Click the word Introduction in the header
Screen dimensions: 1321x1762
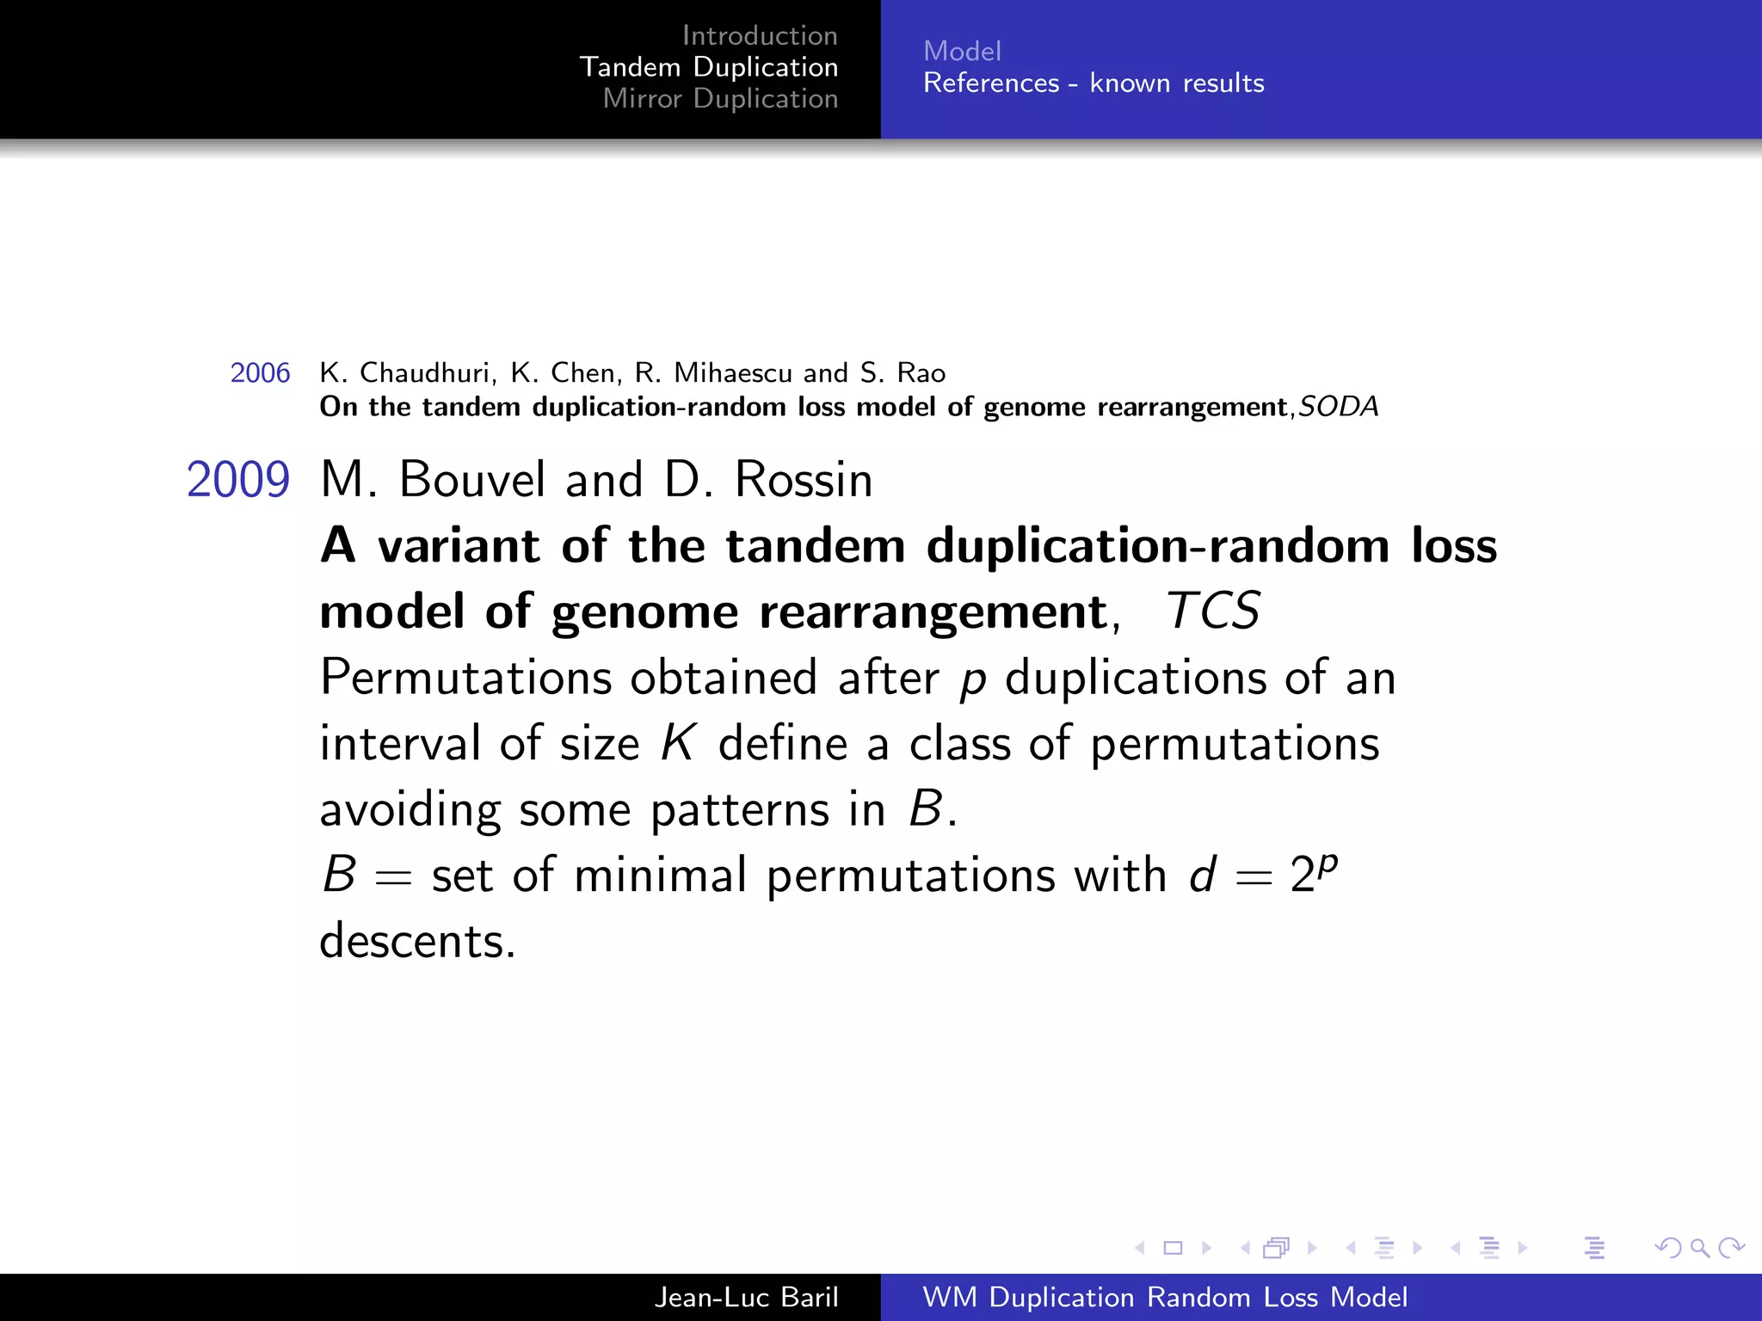759,35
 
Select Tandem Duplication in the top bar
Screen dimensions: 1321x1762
708,67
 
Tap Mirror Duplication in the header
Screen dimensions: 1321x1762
720,99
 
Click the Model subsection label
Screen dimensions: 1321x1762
962,52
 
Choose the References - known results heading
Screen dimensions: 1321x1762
1094,83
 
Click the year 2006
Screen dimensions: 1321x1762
260,373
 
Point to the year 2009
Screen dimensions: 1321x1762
238,480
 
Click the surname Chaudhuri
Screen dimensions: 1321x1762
428,373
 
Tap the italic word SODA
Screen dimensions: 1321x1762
1338,407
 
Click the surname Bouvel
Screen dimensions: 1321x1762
472,480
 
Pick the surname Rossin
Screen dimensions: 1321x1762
804,480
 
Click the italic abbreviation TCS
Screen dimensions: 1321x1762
1212,611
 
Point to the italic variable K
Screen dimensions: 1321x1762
678,743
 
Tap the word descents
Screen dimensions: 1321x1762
417,942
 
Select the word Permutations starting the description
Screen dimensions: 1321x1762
465,678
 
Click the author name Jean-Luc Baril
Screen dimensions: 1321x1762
746,1297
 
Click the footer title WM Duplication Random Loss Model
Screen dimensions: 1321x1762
1165,1297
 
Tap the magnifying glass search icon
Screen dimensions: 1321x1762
1699,1248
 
